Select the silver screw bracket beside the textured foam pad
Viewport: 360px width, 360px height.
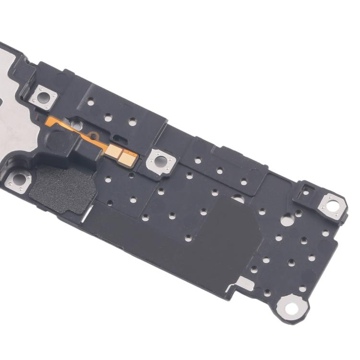(18, 181)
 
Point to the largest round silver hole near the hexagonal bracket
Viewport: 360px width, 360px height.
(287, 221)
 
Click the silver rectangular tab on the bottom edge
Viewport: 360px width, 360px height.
(244, 284)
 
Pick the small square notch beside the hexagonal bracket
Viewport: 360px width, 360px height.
(306, 193)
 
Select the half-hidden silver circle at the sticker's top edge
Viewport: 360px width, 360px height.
(237, 198)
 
